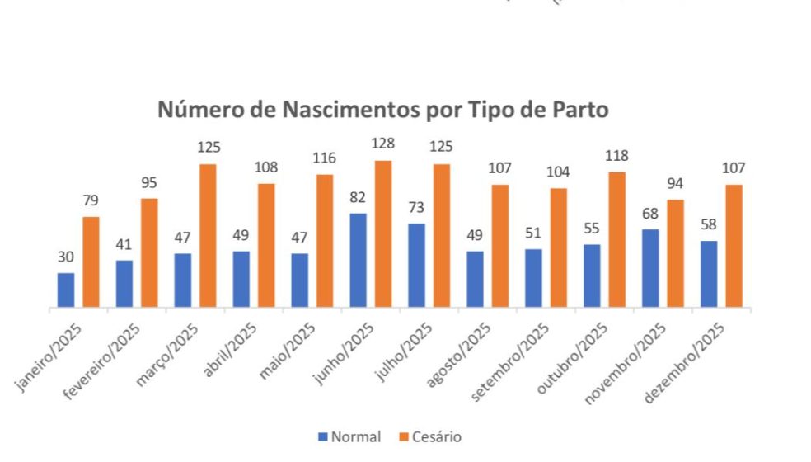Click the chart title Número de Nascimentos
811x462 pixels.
(x=383, y=111)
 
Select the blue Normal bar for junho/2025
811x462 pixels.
(x=359, y=261)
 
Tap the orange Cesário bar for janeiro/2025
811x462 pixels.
(x=91, y=262)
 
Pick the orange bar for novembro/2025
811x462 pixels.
(x=674, y=254)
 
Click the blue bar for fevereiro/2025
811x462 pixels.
(x=124, y=285)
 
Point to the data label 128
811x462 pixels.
(x=382, y=144)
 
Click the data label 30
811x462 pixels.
(x=65, y=257)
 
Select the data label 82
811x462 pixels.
(x=358, y=198)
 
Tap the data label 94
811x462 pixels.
(x=674, y=183)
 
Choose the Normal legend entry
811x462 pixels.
(x=349, y=436)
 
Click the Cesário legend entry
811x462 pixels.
(x=433, y=436)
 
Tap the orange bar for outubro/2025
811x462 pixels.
(x=616, y=240)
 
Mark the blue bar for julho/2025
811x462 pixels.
(x=417, y=266)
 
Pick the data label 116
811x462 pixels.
(x=324, y=158)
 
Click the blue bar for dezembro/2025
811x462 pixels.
(x=708, y=275)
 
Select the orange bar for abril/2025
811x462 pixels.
(x=266, y=246)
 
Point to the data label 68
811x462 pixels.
(x=649, y=214)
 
